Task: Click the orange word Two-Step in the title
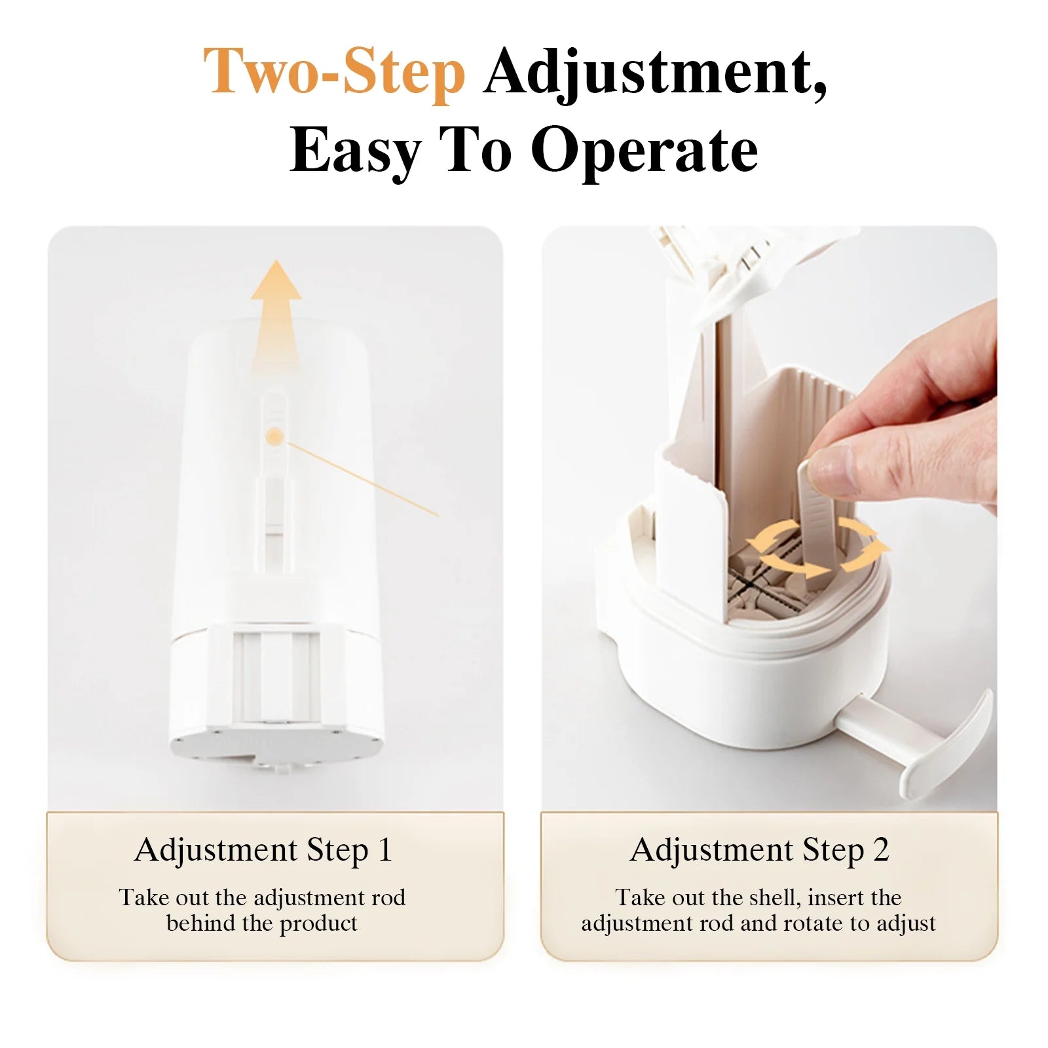334,72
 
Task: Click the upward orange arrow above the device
276,308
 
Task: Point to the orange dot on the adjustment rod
276,436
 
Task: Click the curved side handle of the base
943,747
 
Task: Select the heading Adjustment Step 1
263,850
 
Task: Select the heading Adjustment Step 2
759,850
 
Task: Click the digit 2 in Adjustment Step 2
880,850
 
